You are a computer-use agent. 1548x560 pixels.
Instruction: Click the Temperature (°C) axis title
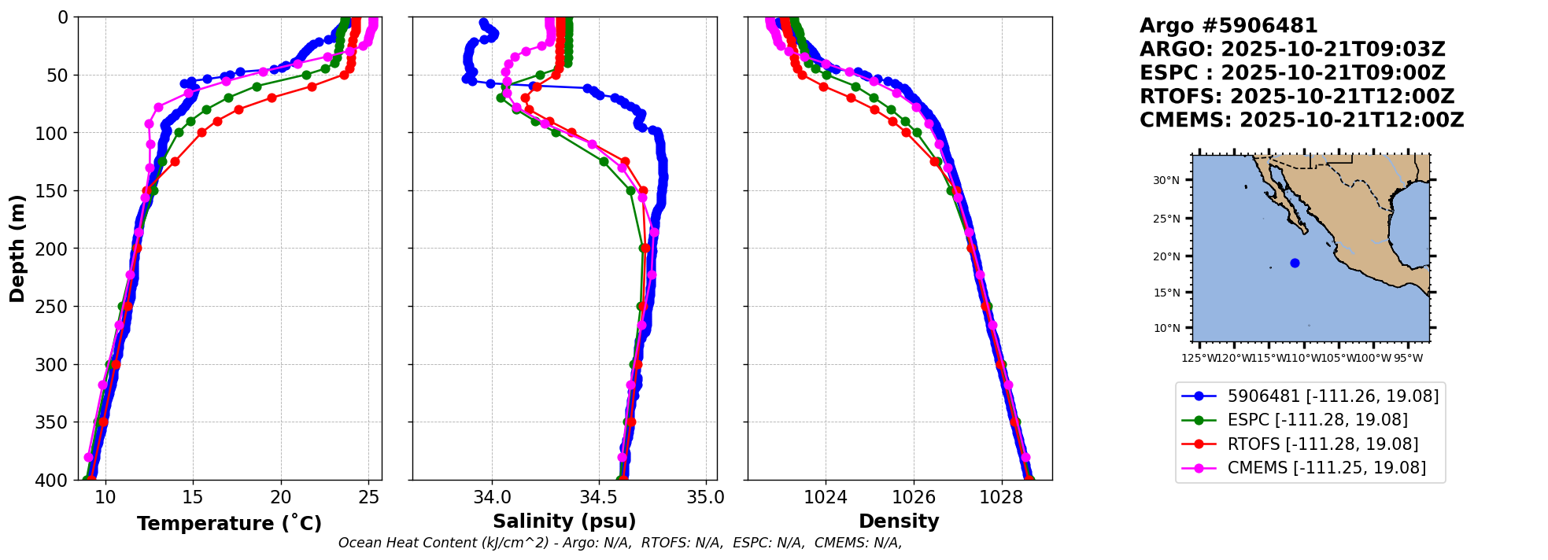click(229, 524)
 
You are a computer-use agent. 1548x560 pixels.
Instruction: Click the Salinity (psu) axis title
click(564, 521)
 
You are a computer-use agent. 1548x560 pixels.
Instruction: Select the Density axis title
click(899, 521)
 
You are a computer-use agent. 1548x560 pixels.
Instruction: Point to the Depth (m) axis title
click(17, 249)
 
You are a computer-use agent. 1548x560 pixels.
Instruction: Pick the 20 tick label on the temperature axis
click(281, 497)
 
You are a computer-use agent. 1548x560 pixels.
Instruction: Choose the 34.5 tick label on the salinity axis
click(599, 497)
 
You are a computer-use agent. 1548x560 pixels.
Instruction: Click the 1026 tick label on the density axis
click(914, 497)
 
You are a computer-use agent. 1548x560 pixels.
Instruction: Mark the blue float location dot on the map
click(1295, 263)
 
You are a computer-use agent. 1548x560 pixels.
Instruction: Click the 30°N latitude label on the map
click(1166, 180)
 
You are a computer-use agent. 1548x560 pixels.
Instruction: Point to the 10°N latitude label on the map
click(1166, 328)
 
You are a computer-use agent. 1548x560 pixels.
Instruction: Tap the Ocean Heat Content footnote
click(620, 543)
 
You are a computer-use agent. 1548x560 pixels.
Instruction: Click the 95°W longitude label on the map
click(1408, 359)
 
